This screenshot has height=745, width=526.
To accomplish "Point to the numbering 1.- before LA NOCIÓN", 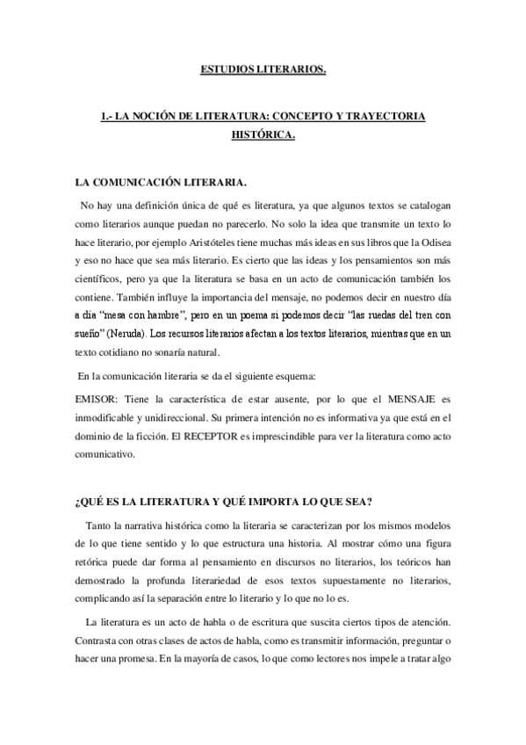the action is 109,117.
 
